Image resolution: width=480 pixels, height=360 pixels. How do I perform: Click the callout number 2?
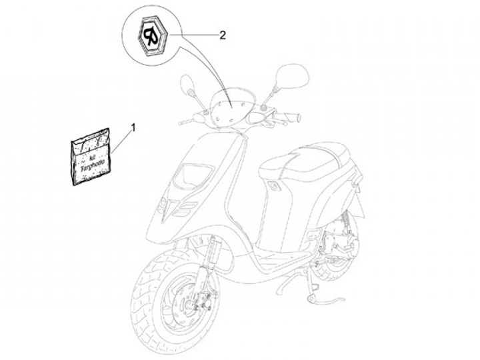[222, 35]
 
